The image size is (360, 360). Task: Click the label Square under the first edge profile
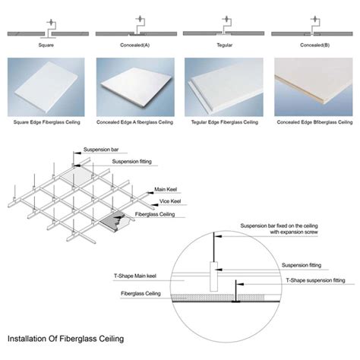(x=44, y=44)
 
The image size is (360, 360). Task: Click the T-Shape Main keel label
(x=125, y=279)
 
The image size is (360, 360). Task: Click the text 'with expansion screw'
(x=273, y=233)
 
